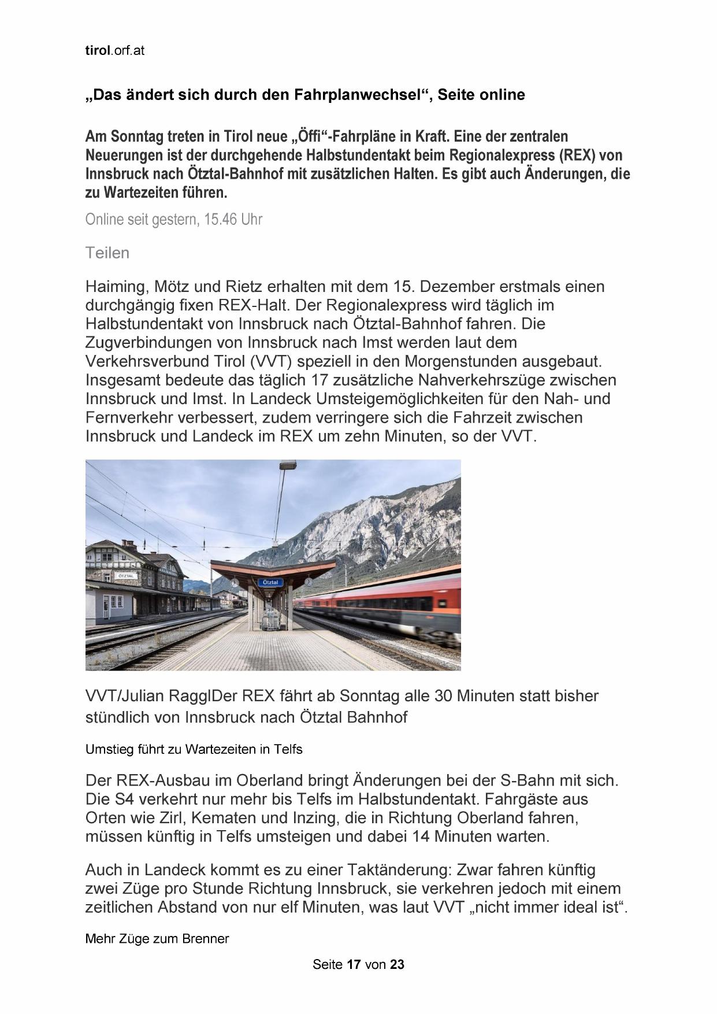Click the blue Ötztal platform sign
(270, 582)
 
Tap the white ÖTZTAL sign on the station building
(125, 576)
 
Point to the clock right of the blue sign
(309, 582)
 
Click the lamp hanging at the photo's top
(288, 465)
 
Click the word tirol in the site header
(97, 50)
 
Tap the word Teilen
(107, 253)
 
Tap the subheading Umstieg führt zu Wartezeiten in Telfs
(194, 749)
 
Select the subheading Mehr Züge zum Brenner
(157, 938)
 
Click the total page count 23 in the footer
(397, 964)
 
